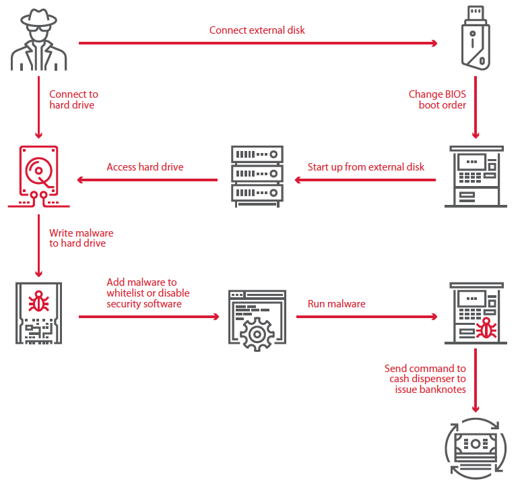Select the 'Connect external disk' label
pyautogui.click(x=257, y=30)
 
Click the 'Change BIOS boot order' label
pyautogui.click(x=437, y=100)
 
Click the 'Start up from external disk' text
pyautogui.click(x=366, y=167)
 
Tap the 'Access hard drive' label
pyautogui.click(x=145, y=167)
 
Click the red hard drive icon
pyautogui.click(x=38, y=177)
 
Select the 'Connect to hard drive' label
pyautogui.click(x=73, y=100)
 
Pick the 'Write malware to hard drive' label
pyautogui.click(x=81, y=238)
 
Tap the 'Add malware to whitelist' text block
pyautogui.click(x=148, y=293)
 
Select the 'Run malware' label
pyautogui.click(x=336, y=304)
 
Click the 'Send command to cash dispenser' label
pyautogui.click(x=425, y=379)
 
